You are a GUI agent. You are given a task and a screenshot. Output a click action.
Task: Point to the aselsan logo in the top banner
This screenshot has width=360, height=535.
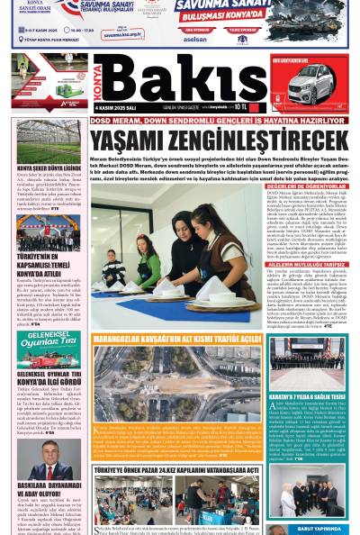tap(193, 41)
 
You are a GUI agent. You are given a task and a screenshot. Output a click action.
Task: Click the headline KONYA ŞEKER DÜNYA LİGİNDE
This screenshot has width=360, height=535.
tap(47, 168)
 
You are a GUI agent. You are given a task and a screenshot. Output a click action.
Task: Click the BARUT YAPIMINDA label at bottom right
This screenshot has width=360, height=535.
tap(314, 530)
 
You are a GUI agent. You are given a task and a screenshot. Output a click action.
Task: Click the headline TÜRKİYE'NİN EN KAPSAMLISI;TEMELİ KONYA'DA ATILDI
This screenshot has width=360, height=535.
tap(47, 262)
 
